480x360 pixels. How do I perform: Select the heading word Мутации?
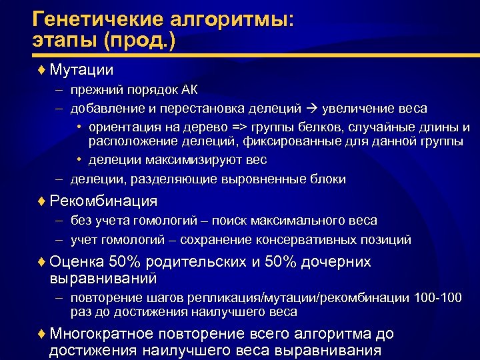pyautogui.click(x=82, y=69)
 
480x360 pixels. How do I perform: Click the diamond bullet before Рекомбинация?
pyautogui.click(x=42, y=201)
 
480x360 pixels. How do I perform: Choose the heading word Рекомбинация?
pyautogui.click(x=103, y=201)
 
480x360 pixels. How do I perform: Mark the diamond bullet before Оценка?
pyautogui.click(x=42, y=262)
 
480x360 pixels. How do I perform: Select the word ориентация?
pyautogui.click(x=127, y=127)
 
